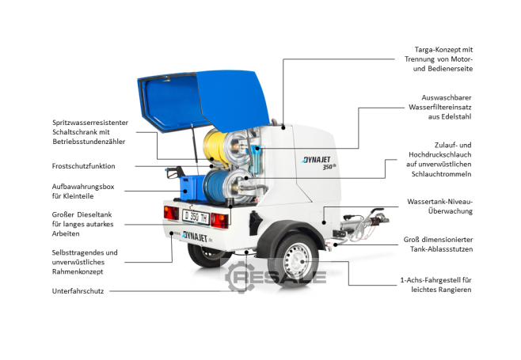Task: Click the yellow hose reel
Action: tap(216, 148)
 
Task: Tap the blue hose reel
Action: tap(216, 185)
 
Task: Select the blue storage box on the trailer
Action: tap(192, 188)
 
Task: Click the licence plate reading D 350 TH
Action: tap(196, 217)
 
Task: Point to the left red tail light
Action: tap(171, 213)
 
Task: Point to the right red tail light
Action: tap(219, 220)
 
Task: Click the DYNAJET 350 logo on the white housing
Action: tap(318, 163)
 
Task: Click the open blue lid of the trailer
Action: tap(203, 101)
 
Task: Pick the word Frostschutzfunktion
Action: tap(83, 166)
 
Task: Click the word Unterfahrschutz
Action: tap(78, 291)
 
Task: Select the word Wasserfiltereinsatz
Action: tap(440, 108)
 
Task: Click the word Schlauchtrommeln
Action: tap(441, 174)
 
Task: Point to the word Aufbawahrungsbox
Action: tap(83, 187)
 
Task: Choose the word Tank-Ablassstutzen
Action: tap(441, 249)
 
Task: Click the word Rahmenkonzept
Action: tap(78, 271)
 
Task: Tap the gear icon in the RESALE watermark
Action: tap(240, 277)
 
